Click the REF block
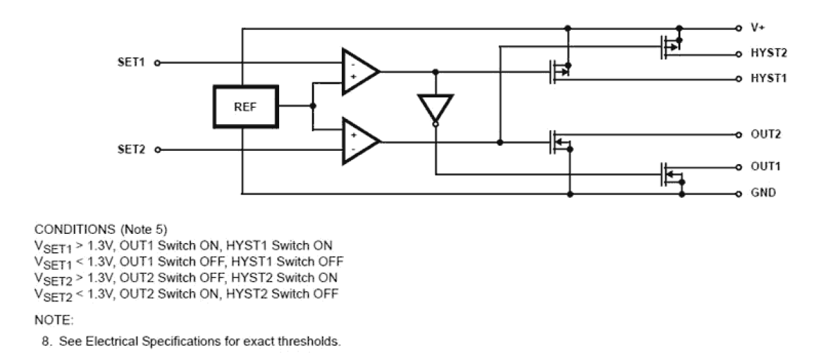(x=246, y=106)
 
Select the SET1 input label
(x=130, y=63)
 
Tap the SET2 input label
(x=130, y=150)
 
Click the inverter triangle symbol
(x=435, y=108)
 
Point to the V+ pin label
(x=758, y=29)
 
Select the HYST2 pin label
(x=767, y=54)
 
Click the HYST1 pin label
(x=767, y=78)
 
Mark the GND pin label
(x=763, y=193)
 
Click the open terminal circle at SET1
(x=156, y=63)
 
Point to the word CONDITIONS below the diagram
(x=67, y=230)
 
